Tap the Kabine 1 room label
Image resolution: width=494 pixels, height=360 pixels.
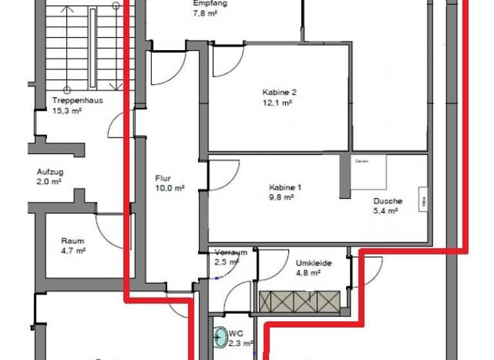coord(285,188)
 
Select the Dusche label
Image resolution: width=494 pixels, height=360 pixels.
coord(387,201)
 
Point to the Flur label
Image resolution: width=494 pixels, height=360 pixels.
coord(161,179)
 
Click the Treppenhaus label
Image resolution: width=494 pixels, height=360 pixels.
coord(77,100)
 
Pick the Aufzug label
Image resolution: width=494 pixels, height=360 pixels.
coord(50,172)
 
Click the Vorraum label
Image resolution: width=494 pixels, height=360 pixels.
coord(230,253)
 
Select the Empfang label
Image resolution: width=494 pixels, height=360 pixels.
coord(210,3)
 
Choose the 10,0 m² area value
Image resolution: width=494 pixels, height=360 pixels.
coord(170,188)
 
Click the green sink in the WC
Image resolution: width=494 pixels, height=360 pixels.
coord(221,336)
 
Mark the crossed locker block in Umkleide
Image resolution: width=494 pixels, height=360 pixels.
coord(299,301)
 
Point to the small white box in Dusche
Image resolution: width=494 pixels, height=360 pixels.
coord(424,199)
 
